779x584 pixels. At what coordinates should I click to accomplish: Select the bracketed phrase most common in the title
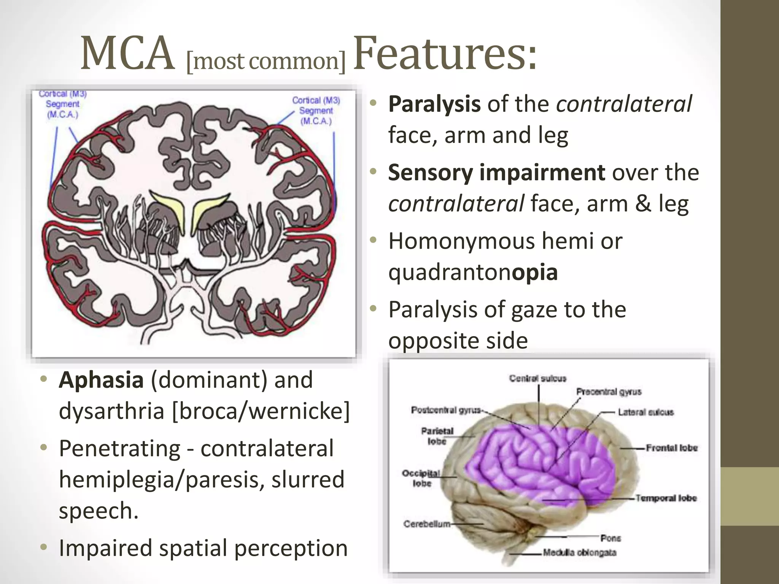point(266,61)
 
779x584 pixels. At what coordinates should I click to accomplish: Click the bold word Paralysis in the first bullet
point(434,104)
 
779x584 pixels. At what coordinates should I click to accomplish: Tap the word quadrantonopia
point(473,272)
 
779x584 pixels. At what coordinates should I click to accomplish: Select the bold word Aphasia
point(101,380)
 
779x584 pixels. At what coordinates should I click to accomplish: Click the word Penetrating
point(119,449)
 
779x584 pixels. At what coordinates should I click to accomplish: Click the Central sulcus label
point(537,379)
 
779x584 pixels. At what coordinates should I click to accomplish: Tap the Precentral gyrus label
point(609,392)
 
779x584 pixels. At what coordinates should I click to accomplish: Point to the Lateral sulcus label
point(645,412)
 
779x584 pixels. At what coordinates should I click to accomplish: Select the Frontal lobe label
point(672,448)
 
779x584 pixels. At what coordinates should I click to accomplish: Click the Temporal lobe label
point(666,498)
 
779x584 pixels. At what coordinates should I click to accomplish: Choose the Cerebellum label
point(427,524)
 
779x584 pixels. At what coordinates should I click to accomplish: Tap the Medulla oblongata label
point(579,552)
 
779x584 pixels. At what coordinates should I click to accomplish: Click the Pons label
point(610,538)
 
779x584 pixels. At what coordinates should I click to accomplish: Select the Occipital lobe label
point(421,478)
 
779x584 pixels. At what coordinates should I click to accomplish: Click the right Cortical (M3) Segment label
point(316,111)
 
